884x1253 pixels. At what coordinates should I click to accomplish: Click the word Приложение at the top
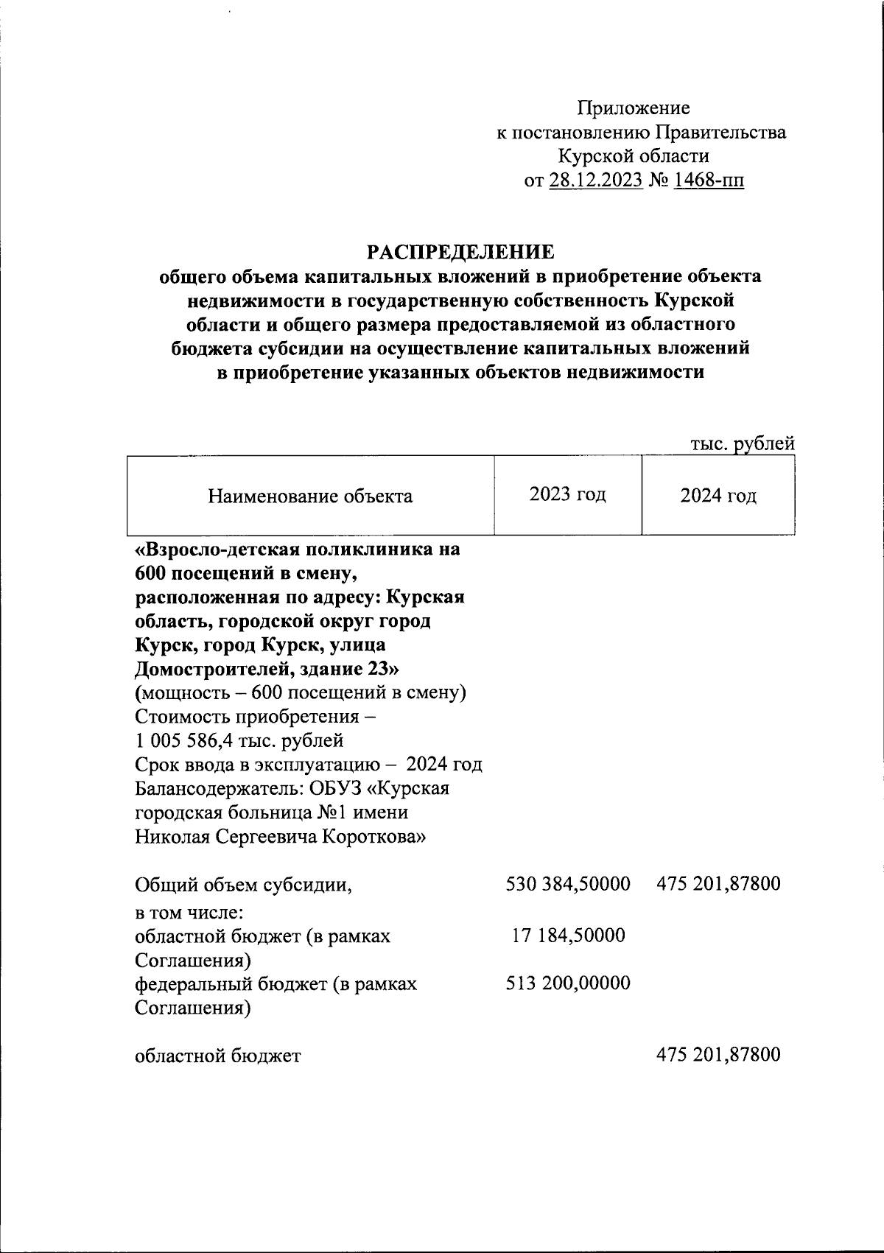(634, 109)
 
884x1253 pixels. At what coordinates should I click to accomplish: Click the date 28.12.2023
(596, 180)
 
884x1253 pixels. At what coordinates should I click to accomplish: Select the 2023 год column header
(567, 494)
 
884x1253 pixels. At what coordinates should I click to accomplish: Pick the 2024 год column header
(718, 496)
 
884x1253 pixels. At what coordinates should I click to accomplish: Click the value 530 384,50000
(567, 884)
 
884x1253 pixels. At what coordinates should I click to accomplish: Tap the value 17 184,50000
(568, 936)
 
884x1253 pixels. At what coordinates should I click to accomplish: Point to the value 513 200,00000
(567, 983)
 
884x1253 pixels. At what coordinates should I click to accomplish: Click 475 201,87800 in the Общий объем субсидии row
(718, 884)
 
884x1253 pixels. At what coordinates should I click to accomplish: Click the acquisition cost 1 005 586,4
(198, 740)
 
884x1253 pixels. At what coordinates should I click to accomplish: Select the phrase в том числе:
(189, 913)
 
